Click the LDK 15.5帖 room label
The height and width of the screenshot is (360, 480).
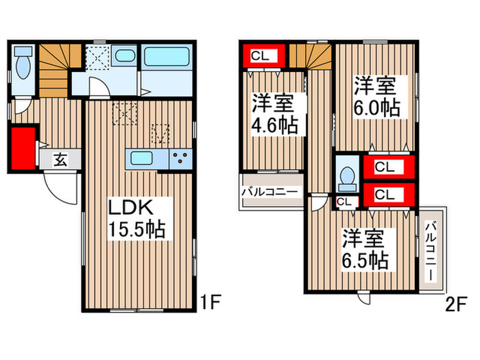coord(137,219)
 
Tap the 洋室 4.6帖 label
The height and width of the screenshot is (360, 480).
coord(274,115)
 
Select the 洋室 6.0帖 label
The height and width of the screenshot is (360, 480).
coord(377,97)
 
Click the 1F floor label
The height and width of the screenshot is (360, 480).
coord(211,302)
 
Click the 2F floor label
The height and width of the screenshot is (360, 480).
coord(456,304)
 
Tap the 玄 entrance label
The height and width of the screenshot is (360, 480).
coord(60,159)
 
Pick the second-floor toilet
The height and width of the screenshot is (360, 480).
coord(347,179)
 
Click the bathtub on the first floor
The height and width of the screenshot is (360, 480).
coord(167,57)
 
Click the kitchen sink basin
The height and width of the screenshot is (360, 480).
coord(142,158)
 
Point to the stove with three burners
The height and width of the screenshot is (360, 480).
coord(180,159)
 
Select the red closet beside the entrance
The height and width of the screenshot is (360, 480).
coord(23,148)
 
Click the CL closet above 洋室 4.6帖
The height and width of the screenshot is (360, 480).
coord(264,56)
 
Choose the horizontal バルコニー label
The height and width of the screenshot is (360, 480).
coord(269,192)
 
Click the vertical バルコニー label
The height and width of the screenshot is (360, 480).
coord(431,251)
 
